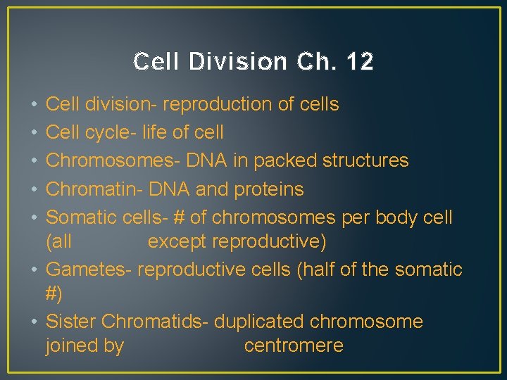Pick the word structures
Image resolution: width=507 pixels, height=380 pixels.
pyautogui.click(x=365, y=160)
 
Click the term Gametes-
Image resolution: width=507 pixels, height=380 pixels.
pyautogui.click(x=89, y=270)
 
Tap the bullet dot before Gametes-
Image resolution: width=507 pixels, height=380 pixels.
pyautogui.click(x=35, y=270)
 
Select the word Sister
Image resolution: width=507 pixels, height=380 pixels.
pyautogui.click(x=71, y=322)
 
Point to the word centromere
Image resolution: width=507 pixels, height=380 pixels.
pyautogui.click(x=294, y=346)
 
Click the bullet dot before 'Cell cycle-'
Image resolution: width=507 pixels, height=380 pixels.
pyautogui.click(x=35, y=132)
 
